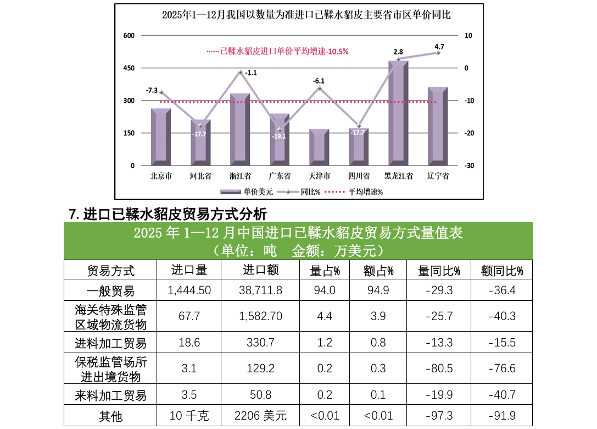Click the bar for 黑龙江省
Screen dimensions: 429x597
(x=398, y=112)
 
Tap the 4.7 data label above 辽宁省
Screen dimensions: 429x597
(x=439, y=46)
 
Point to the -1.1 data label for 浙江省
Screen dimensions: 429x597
(x=251, y=73)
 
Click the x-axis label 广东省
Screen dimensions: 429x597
(x=280, y=177)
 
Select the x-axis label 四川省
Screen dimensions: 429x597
(x=359, y=177)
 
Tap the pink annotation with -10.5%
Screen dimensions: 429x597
(x=277, y=51)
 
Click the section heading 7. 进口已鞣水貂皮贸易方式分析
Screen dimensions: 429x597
(x=168, y=213)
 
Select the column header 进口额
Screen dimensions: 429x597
(x=261, y=270)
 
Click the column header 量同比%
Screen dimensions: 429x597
(x=439, y=270)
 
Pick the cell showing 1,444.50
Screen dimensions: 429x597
(x=189, y=290)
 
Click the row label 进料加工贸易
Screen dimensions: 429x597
(x=110, y=343)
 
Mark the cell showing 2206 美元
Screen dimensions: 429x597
(x=261, y=416)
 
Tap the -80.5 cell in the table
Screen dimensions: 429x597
(x=439, y=369)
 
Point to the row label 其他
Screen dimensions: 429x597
(x=110, y=416)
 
